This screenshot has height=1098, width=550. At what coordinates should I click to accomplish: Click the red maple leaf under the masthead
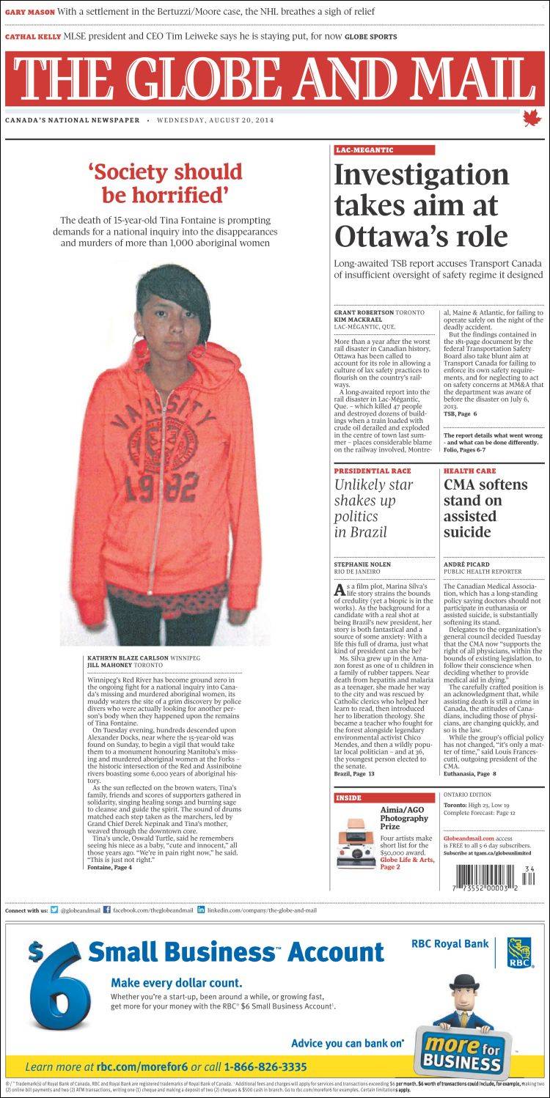531,118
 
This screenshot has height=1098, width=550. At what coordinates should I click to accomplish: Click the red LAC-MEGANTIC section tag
364,150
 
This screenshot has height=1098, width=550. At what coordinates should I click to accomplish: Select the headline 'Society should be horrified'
165,183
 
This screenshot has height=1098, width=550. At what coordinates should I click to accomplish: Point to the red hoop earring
197,350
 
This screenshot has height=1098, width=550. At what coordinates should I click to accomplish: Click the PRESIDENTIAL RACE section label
373,471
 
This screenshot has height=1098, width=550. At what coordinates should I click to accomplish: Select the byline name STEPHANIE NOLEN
362,564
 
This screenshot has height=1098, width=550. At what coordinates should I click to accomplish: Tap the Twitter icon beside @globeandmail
54,910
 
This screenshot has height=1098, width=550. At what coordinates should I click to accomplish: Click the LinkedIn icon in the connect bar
200,910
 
